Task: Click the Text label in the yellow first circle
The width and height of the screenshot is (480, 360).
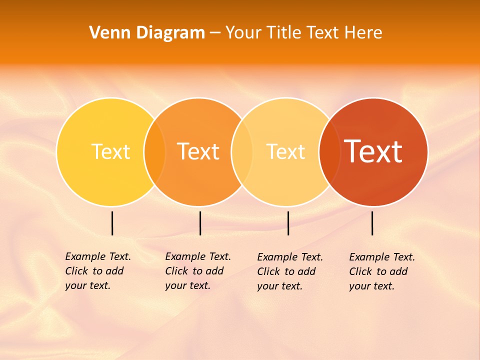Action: pyautogui.click(x=110, y=151)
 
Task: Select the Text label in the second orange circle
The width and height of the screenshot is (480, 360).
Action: pyautogui.click(x=198, y=151)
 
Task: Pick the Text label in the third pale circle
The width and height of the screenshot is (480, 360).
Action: pyautogui.click(x=285, y=151)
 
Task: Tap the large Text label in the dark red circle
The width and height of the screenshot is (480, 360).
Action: pyautogui.click(x=373, y=151)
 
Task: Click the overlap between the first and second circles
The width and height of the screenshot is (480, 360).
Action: pyautogui.click(x=154, y=151)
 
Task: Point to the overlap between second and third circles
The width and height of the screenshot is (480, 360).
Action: pyautogui.click(x=242, y=151)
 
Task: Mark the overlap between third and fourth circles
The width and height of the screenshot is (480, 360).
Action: pyautogui.click(x=329, y=151)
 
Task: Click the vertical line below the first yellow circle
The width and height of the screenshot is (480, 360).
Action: pyautogui.click(x=112, y=223)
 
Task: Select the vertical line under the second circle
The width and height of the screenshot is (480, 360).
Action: pyautogui.click(x=200, y=223)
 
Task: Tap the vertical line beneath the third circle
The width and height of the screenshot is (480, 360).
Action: pyautogui.click(x=288, y=223)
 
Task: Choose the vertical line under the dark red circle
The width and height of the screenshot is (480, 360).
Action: pyautogui.click(x=372, y=223)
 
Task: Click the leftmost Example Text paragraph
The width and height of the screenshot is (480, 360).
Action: pyautogui.click(x=97, y=271)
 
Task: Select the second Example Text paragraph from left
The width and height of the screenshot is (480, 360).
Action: pyautogui.click(x=197, y=271)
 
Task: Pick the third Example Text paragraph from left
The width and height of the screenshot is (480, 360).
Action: pyautogui.click(x=289, y=271)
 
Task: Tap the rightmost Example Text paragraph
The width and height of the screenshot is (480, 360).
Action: pyautogui.click(x=381, y=271)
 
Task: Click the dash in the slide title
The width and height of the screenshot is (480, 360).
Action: pyautogui.click(x=215, y=33)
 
